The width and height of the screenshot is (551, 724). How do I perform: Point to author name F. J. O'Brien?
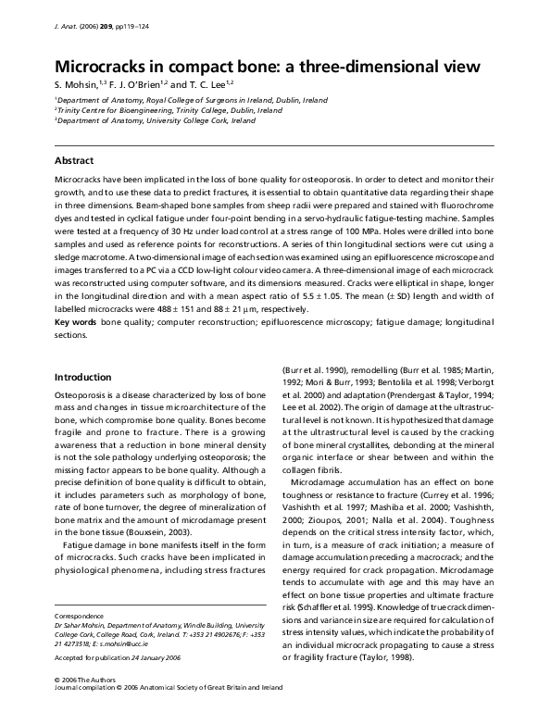(142, 84)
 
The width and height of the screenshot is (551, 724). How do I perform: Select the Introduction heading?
(82, 377)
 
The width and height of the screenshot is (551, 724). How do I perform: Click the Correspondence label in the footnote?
(79, 616)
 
